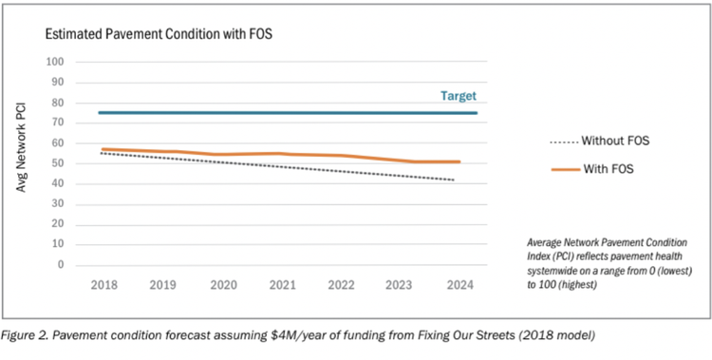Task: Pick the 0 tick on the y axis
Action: [x=59, y=265]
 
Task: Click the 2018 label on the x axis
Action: [x=102, y=283]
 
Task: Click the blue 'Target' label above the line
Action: [x=458, y=96]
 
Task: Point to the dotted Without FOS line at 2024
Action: [x=457, y=180]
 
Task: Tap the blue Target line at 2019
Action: [x=161, y=113]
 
